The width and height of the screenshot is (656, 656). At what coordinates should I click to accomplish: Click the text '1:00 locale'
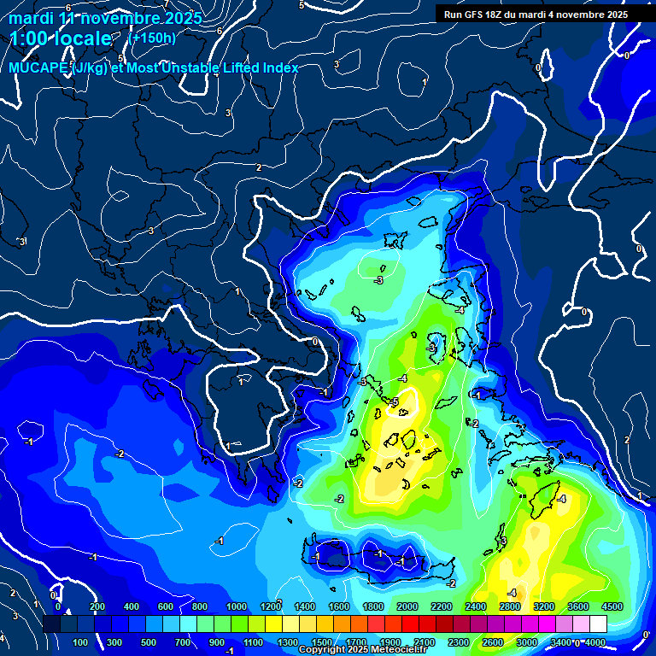(61, 38)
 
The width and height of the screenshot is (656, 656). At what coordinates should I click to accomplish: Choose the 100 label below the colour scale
(80, 642)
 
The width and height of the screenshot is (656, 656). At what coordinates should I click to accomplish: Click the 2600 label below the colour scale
(493, 642)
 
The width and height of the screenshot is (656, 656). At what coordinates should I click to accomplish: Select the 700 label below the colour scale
(183, 642)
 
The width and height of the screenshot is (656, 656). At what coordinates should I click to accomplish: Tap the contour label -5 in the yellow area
(395, 401)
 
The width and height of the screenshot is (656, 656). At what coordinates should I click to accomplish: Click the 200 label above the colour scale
(97, 606)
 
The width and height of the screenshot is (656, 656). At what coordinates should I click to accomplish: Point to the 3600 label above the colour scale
(578, 606)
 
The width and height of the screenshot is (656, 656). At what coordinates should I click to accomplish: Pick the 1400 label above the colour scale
(304, 606)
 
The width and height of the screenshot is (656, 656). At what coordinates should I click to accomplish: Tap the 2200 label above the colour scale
(442, 606)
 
